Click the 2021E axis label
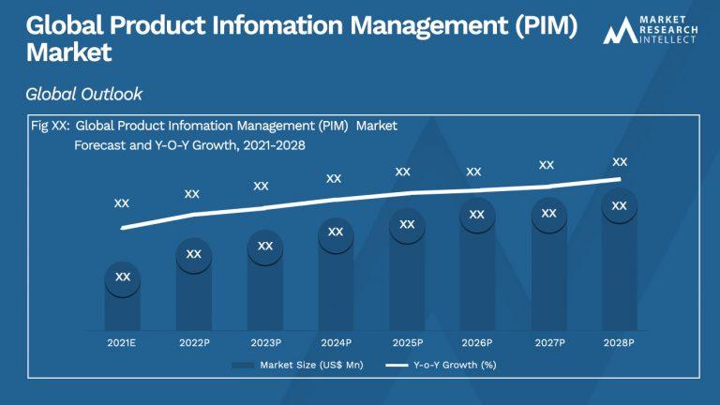121,342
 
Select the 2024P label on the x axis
337,342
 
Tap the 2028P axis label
619,342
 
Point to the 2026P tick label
477,342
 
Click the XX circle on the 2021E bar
123,277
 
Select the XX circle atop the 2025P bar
407,225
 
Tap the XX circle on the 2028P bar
620,205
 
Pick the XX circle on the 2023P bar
265,247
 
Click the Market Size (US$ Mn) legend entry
297,365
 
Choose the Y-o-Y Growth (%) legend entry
441,365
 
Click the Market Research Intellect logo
651,30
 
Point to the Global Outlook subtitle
84,94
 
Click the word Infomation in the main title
277,24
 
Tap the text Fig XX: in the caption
51,126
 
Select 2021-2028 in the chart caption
274,145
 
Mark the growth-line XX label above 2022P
192,194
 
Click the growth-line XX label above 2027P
547,165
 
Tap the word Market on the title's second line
68,52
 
